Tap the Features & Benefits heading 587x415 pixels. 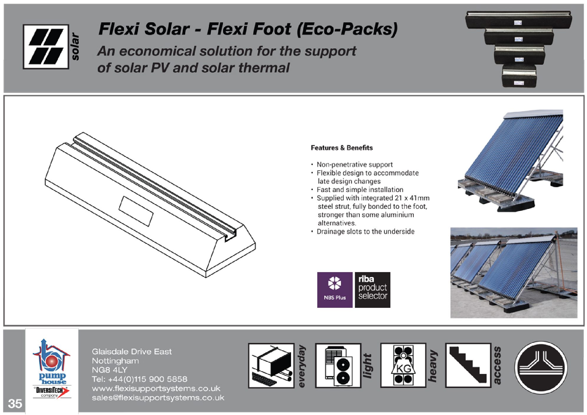click(x=342, y=148)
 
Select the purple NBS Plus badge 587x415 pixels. click(x=335, y=290)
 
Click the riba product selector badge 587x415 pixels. click(x=372, y=290)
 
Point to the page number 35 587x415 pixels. click(x=15, y=404)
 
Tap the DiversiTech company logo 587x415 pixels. click(x=52, y=392)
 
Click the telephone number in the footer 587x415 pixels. click(x=139, y=379)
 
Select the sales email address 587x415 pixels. click(x=158, y=398)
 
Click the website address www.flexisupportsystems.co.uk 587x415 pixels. click(x=156, y=388)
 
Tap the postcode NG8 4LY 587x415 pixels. click(x=109, y=370)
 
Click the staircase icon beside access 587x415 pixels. click(x=468, y=365)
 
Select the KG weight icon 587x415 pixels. click(x=403, y=365)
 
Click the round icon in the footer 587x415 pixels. click(x=541, y=367)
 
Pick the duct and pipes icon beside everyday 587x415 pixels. click(x=271, y=365)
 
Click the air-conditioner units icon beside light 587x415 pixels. click(x=338, y=365)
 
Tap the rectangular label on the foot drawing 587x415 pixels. click(x=136, y=211)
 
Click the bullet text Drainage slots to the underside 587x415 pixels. click(x=365, y=231)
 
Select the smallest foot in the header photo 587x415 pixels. click(x=519, y=76)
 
